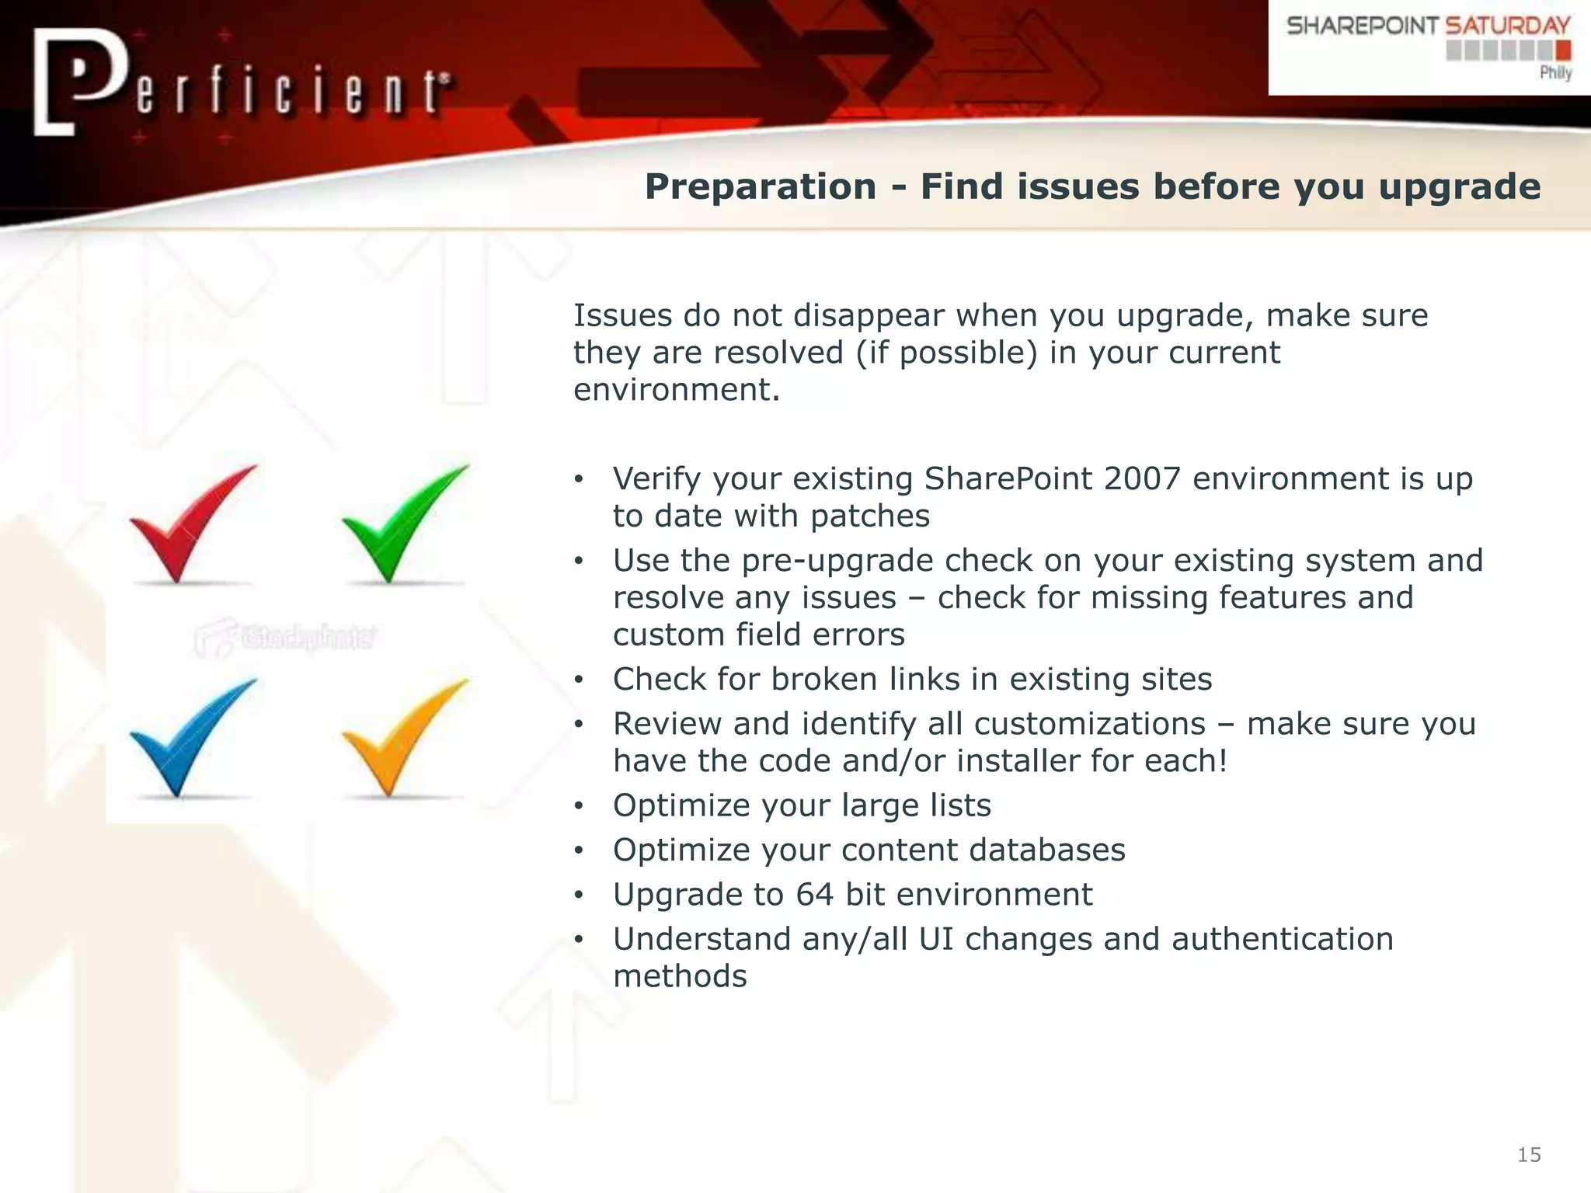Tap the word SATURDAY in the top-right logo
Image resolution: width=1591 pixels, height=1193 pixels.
pyautogui.click(x=1507, y=26)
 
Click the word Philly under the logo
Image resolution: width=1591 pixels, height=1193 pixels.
pyautogui.click(x=1555, y=72)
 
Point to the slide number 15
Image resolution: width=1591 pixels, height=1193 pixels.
pyautogui.click(x=1529, y=1155)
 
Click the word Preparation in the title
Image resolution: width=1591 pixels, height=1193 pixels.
pyautogui.click(x=761, y=187)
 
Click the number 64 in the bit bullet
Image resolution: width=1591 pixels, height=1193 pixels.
pyautogui.click(x=814, y=895)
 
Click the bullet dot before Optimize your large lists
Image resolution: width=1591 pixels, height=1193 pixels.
pyautogui.click(x=578, y=806)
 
